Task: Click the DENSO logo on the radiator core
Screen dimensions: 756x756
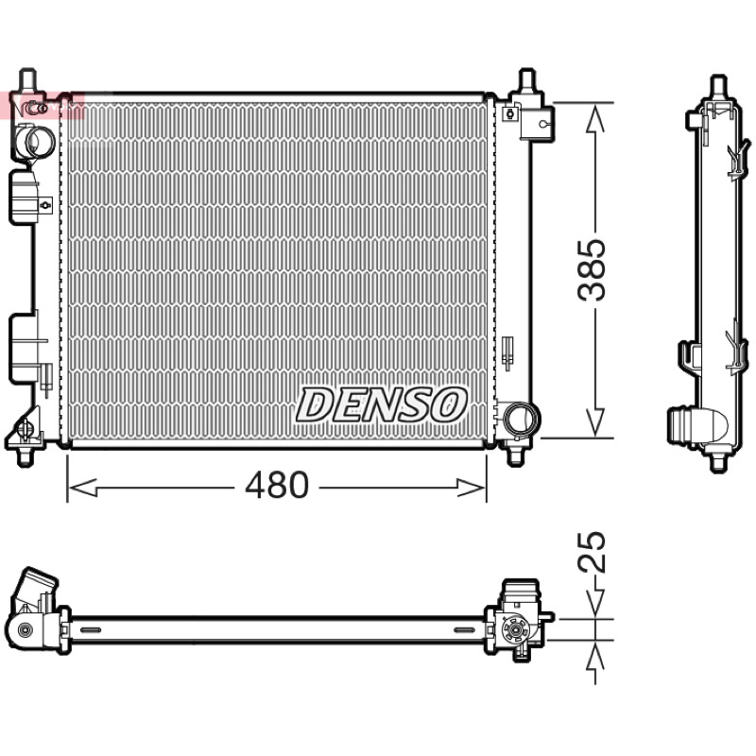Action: [381, 405]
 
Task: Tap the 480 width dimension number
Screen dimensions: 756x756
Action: [277, 485]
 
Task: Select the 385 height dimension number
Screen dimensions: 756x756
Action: [592, 269]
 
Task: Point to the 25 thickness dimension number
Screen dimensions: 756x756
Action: [592, 553]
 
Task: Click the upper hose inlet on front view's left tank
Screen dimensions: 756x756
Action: [34, 139]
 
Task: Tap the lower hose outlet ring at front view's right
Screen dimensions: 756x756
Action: [522, 419]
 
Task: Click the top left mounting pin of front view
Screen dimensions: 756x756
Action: [27, 78]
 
